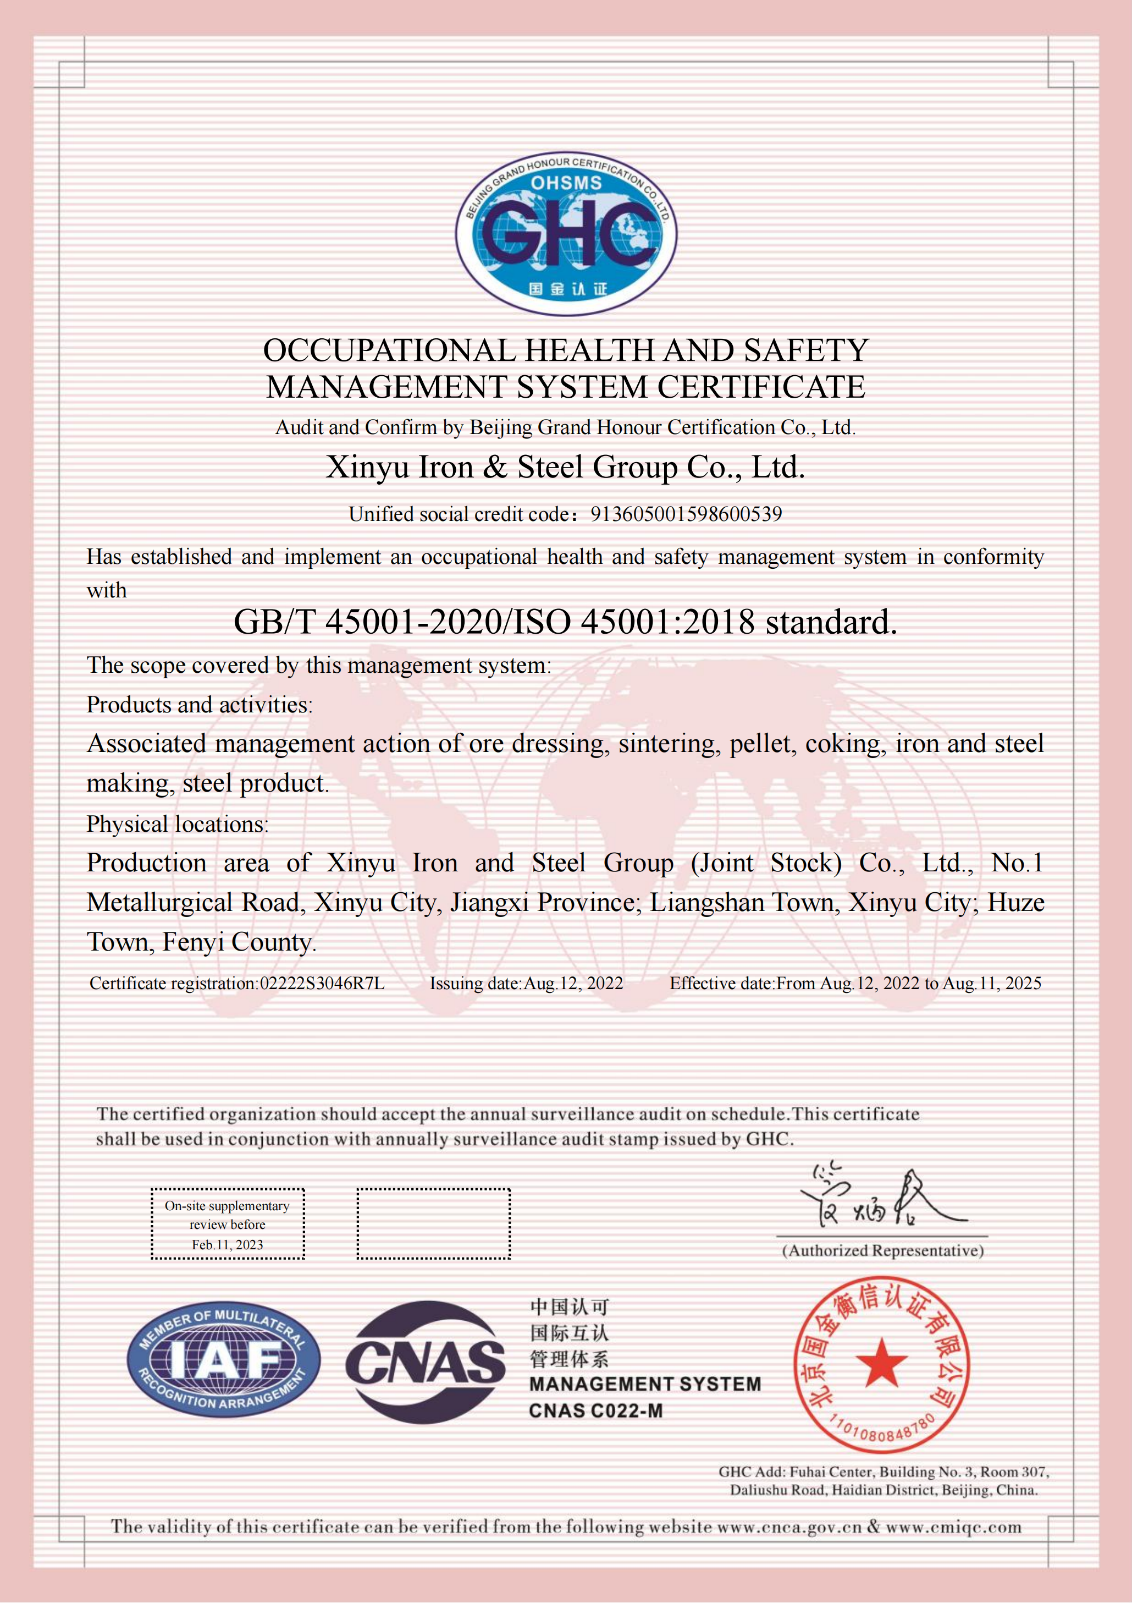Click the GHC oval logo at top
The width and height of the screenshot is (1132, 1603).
(566, 234)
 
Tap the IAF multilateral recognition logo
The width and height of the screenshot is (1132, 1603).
(223, 1359)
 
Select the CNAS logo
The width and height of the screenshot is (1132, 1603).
(425, 1362)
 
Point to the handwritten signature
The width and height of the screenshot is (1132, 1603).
(883, 1198)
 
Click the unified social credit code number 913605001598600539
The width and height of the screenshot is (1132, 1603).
(686, 514)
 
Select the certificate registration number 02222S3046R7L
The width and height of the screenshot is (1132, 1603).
(322, 984)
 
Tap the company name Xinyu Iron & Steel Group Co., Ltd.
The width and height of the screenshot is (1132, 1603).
(565, 467)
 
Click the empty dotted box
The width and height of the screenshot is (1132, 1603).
(433, 1224)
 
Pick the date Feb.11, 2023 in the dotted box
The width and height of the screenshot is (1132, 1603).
(228, 1245)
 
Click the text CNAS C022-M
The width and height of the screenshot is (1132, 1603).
(595, 1411)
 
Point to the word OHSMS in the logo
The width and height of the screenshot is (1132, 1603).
(566, 184)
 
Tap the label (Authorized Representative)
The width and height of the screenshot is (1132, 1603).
(883, 1250)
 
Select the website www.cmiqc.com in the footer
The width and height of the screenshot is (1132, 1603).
(953, 1527)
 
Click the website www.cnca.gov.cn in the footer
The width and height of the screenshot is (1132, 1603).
(789, 1527)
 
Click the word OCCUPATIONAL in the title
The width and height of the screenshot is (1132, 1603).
(389, 351)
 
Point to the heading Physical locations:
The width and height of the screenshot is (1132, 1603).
(177, 825)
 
